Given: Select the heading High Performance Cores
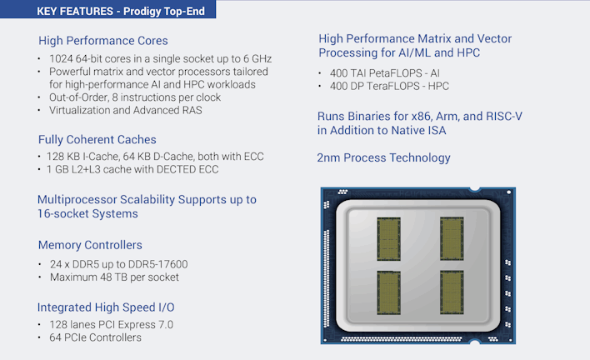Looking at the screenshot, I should click(x=102, y=41).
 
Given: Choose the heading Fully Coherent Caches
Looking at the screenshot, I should click(x=97, y=139).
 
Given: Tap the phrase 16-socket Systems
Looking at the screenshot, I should click(x=87, y=214).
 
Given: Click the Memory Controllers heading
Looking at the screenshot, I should click(x=90, y=245).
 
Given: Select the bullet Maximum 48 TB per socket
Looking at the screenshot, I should click(x=114, y=277).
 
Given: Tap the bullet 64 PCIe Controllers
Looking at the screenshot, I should click(x=95, y=337).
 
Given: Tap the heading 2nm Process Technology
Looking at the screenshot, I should click(x=383, y=157).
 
